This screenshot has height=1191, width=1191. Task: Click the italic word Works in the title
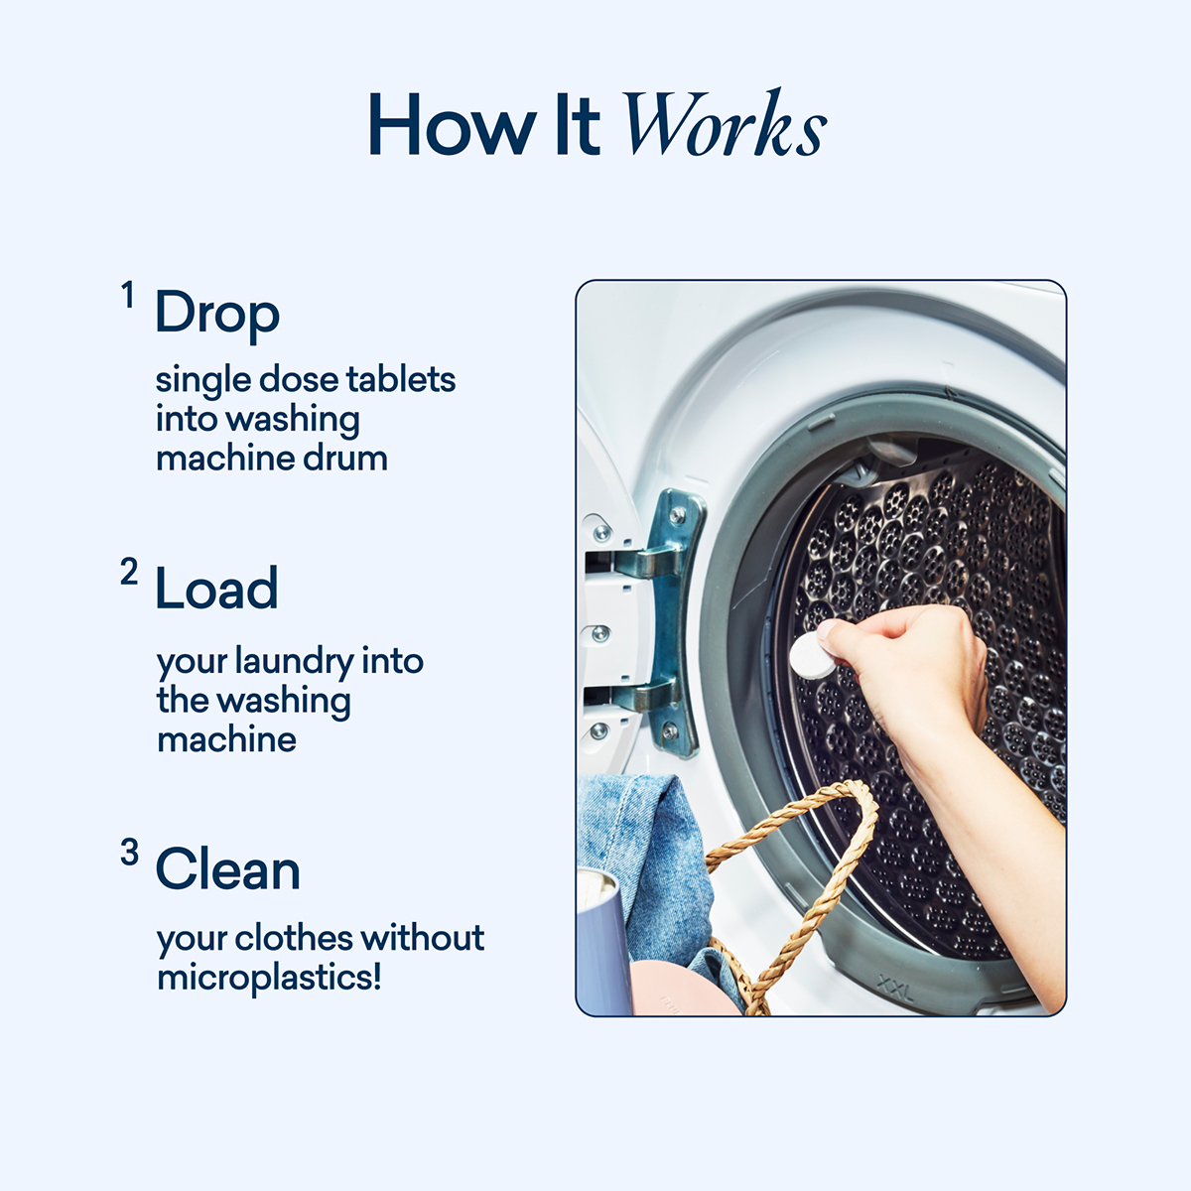[724, 126]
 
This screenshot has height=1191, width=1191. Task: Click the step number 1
[128, 295]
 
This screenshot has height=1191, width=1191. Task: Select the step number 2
[129, 572]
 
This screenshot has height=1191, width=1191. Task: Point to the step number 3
[129, 852]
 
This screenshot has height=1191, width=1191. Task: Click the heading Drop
[217, 315]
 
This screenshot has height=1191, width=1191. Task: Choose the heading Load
[216, 590]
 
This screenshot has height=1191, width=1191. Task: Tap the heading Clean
[227, 870]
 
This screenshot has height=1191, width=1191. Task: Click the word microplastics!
[269, 977]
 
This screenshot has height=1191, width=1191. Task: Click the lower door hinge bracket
[659, 701]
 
